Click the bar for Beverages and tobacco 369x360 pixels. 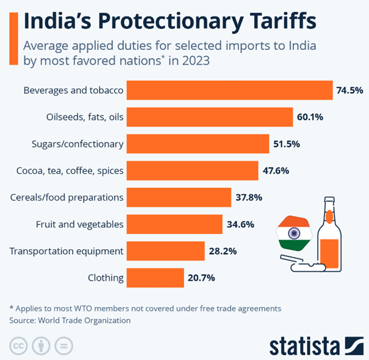[x=229, y=91]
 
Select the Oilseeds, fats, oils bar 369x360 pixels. [x=211, y=118]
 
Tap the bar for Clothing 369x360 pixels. [x=155, y=278]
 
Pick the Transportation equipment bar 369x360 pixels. [x=165, y=251]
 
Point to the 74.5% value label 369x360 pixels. [x=349, y=91]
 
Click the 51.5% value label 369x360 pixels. [x=287, y=144]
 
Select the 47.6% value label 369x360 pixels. [x=276, y=171]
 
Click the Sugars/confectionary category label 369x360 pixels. [x=77, y=144]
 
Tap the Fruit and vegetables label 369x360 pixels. [x=80, y=225]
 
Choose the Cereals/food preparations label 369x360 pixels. [x=67, y=198]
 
